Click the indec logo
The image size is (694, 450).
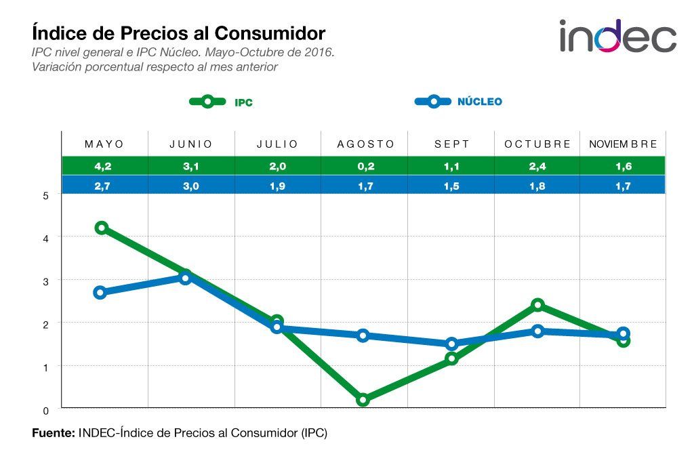click(x=617, y=36)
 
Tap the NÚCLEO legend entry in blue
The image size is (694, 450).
click(x=458, y=102)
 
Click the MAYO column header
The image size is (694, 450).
click(x=104, y=144)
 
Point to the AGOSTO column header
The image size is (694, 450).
click(x=365, y=144)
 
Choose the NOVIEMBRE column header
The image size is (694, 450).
click(x=622, y=144)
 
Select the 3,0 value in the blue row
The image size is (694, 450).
click(x=191, y=185)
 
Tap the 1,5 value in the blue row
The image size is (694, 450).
click(x=452, y=185)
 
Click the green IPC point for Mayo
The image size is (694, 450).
click(x=102, y=228)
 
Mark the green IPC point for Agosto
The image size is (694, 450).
click(x=363, y=400)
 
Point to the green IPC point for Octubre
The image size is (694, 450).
click(x=538, y=305)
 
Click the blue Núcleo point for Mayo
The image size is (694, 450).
click(x=100, y=293)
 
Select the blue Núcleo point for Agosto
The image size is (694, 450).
click(x=363, y=335)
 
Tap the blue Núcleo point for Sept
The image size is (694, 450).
click(x=451, y=344)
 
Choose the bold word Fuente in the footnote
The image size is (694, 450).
click(x=54, y=432)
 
